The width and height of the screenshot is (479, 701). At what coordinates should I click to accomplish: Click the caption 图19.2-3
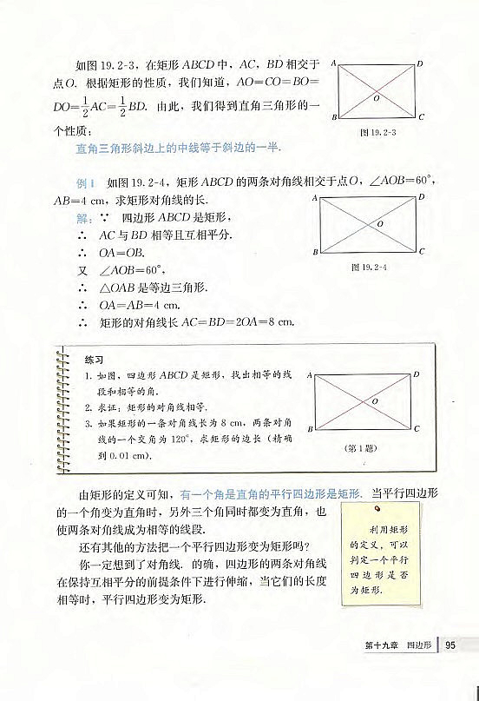pos(377,133)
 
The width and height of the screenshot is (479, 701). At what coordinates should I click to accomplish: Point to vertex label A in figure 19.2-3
pos(334,63)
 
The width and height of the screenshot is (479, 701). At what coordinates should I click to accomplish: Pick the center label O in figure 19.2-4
pos(380,224)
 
